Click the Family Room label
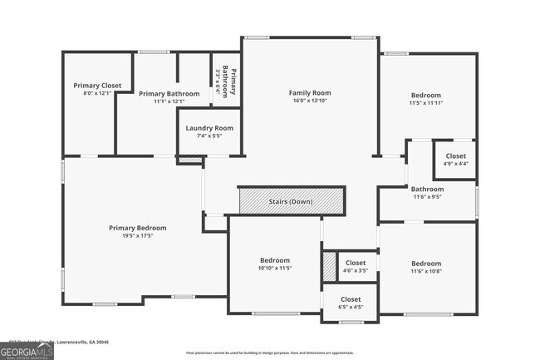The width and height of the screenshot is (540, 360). (x=310, y=92)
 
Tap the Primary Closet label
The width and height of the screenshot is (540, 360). (x=97, y=86)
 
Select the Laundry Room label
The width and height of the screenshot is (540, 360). (x=209, y=128)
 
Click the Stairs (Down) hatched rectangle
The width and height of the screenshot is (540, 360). (x=291, y=201)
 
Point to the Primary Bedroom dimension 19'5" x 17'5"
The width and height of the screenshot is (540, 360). (x=137, y=236)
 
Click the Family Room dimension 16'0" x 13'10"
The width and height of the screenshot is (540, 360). (x=310, y=101)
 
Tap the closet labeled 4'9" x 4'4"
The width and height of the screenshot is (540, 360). (x=455, y=160)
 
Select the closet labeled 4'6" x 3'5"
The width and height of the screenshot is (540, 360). (x=355, y=267)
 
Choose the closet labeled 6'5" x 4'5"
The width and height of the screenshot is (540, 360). (x=351, y=303)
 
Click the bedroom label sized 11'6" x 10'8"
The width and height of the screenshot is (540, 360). (x=426, y=267)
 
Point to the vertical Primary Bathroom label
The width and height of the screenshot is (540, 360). (x=233, y=81)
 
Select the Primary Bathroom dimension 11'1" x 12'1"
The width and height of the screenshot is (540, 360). (x=169, y=102)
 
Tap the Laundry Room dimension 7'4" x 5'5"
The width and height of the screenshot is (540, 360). (x=209, y=136)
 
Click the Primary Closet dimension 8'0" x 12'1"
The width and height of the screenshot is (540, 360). (x=97, y=94)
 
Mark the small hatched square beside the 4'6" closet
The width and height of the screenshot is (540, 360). (x=329, y=265)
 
